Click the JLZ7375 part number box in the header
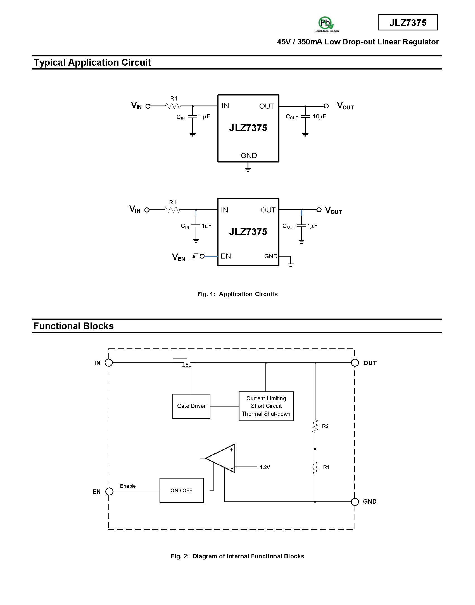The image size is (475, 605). pos(408,22)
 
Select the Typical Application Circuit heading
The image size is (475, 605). pos(92,62)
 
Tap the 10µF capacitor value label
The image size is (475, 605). pos(319,116)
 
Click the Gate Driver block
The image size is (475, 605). pos(191,406)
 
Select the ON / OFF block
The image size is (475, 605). pos(181,490)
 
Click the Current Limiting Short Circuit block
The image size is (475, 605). pos(266,406)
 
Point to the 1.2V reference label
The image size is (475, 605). pos(265,467)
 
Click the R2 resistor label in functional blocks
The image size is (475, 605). pos(325,426)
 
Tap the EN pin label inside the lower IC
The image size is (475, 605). pos(226,256)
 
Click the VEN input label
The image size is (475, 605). pos(179,257)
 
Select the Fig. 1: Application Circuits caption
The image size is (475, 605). pos(237,294)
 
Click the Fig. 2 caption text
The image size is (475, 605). pos(237,556)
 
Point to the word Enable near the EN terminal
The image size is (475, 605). pos(128,486)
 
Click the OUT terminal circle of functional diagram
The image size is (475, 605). pos(355,363)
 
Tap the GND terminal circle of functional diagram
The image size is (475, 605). pos(355,502)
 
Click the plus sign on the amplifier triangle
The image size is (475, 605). pos(232,450)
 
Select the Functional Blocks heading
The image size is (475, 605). pos(73,326)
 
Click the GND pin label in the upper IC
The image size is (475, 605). pos(249,156)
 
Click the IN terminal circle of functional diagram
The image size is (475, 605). pos(109,363)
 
